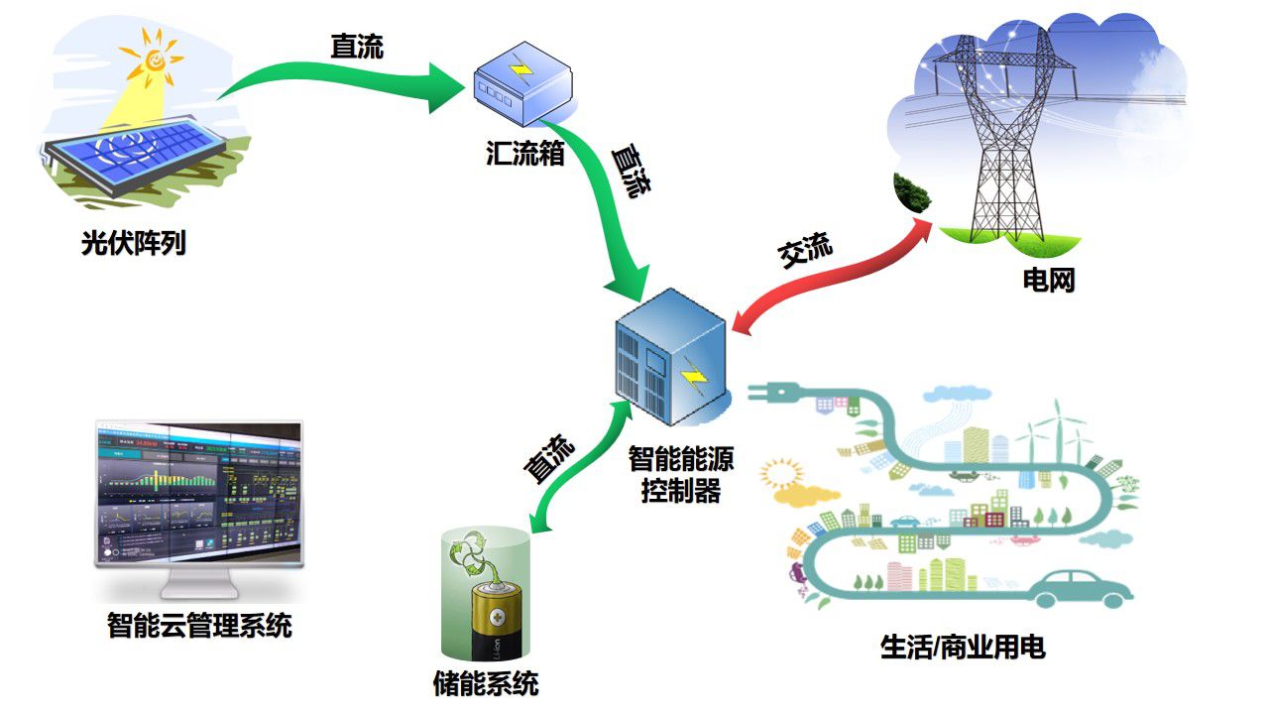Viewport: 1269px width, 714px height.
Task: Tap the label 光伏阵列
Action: pyautogui.click(x=134, y=243)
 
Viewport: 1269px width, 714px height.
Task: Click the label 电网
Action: pyautogui.click(x=1049, y=281)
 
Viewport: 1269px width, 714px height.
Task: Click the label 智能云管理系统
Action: pyautogui.click(x=199, y=627)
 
